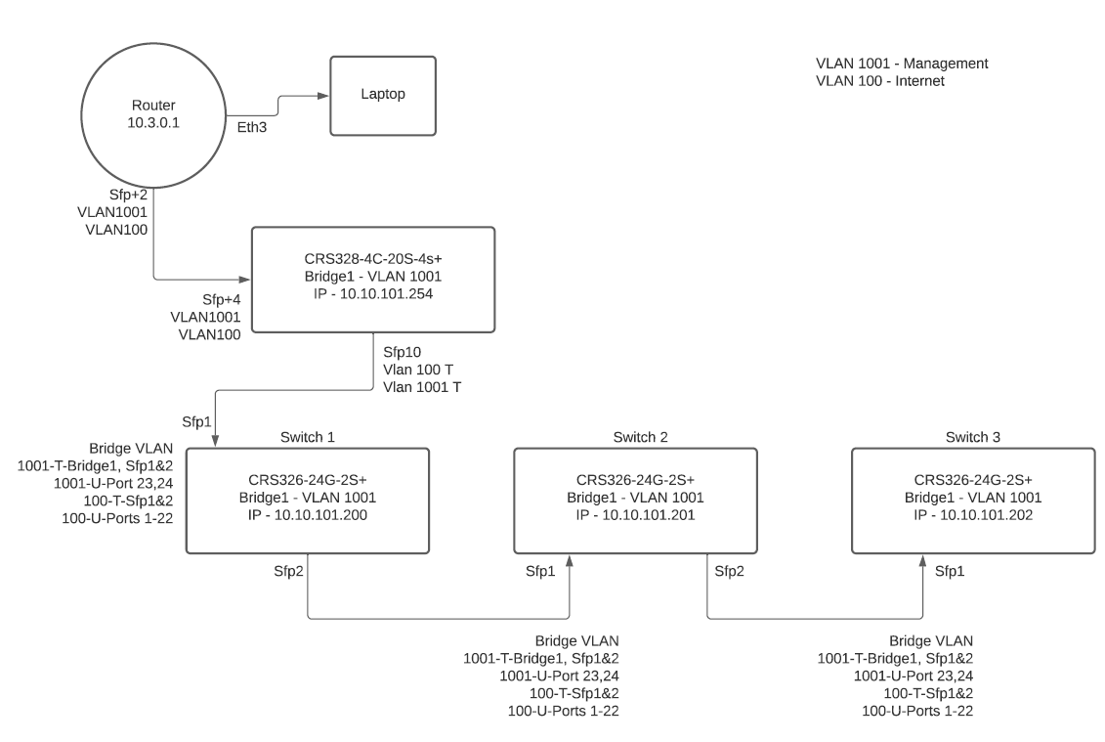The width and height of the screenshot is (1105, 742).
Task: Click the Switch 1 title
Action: click(307, 435)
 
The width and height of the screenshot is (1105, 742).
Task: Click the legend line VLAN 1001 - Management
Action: click(902, 64)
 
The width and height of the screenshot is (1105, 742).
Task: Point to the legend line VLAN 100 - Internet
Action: click(880, 81)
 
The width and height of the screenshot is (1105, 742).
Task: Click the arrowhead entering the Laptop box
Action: click(324, 96)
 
